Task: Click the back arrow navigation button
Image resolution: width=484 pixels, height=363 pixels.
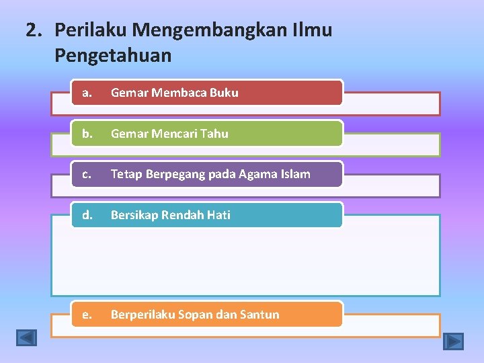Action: pyautogui.click(x=26, y=337)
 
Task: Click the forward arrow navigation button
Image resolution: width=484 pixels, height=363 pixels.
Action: pyautogui.click(x=454, y=341)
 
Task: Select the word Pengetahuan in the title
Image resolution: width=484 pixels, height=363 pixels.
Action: pyautogui.click(x=113, y=56)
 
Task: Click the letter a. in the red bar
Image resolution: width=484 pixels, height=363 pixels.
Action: pyautogui.click(x=87, y=93)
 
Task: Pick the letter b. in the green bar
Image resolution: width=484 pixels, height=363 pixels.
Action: pyautogui.click(x=87, y=133)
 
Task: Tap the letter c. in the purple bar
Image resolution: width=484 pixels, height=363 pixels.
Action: pyautogui.click(x=87, y=174)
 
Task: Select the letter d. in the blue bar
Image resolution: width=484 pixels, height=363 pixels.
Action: pyautogui.click(x=87, y=215)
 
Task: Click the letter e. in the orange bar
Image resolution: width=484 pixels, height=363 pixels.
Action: pyautogui.click(x=87, y=315)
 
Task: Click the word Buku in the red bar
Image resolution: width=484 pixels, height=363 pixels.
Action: pyautogui.click(x=224, y=93)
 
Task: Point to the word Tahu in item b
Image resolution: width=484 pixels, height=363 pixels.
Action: pyautogui.click(x=214, y=134)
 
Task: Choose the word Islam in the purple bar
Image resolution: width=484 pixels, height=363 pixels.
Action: pyautogui.click(x=295, y=174)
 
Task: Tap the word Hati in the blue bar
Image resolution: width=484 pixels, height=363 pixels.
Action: pyautogui.click(x=218, y=215)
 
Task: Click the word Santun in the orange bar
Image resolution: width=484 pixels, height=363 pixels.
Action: pyautogui.click(x=259, y=315)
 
